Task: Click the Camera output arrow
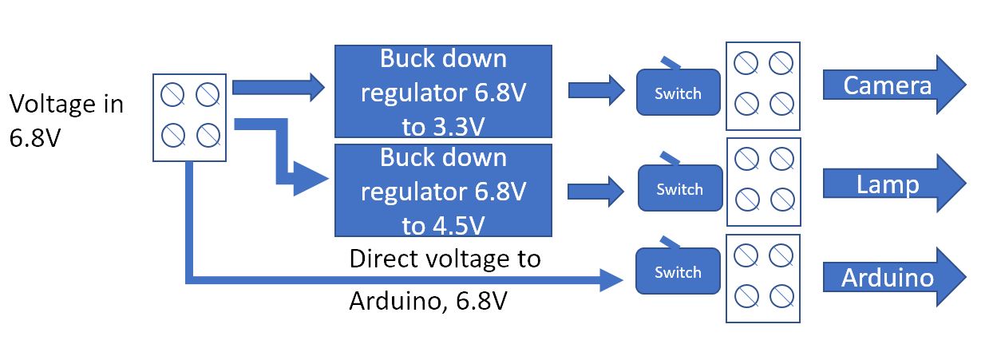[x=892, y=85]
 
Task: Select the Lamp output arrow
[x=892, y=184]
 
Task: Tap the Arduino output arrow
[x=892, y=277]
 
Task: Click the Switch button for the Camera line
[x=678, y=92]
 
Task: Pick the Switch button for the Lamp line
[x=679, y=188]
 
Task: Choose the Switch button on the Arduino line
[x=678, y=271]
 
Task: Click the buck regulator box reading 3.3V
[x=443, y=91]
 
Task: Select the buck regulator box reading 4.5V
[x=443, y=190]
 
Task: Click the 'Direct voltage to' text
[x=445, y=259]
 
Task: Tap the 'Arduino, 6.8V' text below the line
[x=428, y=301]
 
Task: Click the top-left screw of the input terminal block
[x=172, y=94]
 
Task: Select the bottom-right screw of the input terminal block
[x=208, y=135]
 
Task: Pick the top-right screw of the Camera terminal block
[x=781, y=63]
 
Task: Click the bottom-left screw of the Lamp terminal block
[x=747, y=200]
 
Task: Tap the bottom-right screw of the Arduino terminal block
[x=782, y=296]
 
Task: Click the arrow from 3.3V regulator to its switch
[x=596, y=90]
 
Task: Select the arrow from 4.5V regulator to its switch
[x=595, y=192]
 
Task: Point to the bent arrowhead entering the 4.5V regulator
[x=311, y=179]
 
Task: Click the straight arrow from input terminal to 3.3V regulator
[x=279, y=87]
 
